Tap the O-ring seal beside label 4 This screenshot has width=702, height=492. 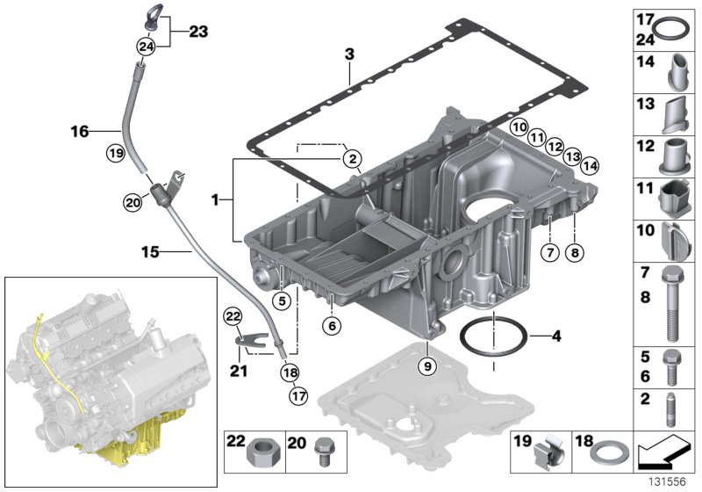coord(493,336)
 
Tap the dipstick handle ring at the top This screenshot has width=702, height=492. coord(144,15)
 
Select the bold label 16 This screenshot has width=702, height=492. coord(80,133)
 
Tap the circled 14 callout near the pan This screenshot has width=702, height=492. coord(589,163)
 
